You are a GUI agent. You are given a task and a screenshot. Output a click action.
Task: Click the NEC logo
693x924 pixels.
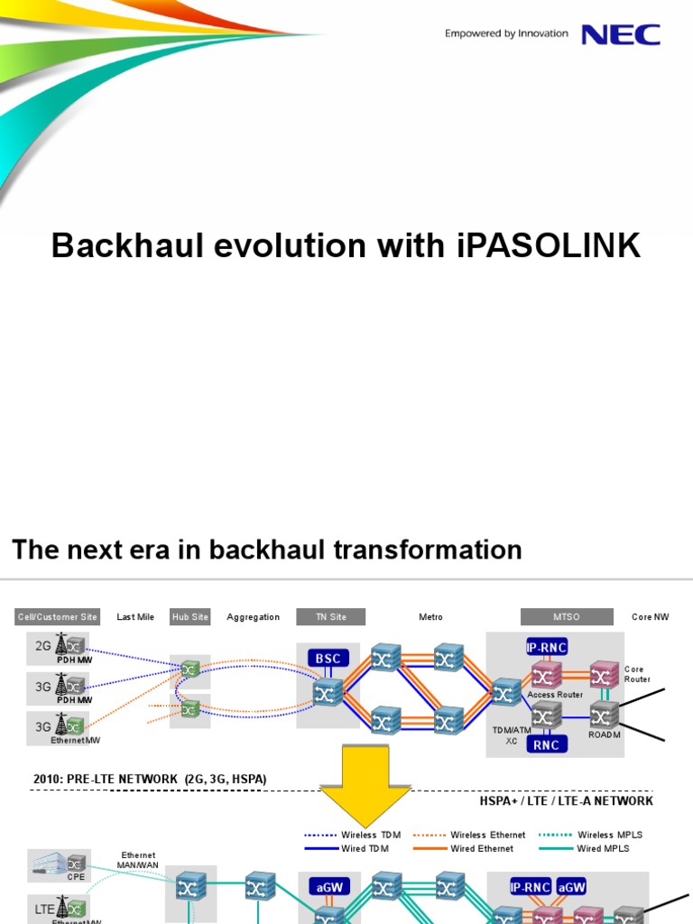[620, 34]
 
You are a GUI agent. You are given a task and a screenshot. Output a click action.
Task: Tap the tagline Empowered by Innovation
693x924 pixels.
[506, 33]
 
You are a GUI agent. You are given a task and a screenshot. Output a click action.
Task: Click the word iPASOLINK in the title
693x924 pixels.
[542, 245]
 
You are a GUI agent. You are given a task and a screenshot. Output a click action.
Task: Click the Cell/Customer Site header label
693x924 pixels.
[58, 617]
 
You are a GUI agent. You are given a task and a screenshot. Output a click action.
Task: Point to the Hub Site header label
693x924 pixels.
[189, 617]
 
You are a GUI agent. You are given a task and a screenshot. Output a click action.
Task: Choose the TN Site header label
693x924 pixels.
[330, 617]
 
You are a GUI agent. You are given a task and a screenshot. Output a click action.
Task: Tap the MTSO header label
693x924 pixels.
[566, 617]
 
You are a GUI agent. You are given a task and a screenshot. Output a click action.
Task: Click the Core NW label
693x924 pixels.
[650, 617]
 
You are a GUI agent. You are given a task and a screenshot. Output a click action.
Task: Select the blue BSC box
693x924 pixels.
[328, 659]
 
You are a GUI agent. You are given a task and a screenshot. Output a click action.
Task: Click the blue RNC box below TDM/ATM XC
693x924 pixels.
[546, 744]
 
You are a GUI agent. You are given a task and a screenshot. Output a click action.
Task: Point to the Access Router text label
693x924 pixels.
[555, 695]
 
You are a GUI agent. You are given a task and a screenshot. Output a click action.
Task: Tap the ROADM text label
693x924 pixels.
[605, 735]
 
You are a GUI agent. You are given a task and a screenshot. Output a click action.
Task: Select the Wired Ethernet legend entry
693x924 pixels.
[482, 848]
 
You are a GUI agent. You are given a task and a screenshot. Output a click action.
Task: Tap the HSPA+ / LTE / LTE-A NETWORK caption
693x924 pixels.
[566, 800]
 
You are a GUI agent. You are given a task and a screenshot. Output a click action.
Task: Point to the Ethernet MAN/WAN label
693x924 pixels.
[138, 860]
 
